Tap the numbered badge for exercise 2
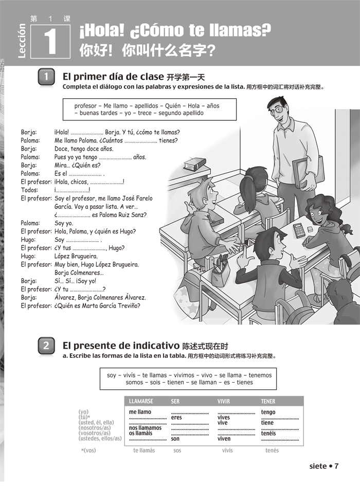point(46,346)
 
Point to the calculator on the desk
point(299,230)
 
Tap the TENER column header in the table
point(268,401)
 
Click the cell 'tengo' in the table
point(268,412)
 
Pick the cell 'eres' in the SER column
point(176,418)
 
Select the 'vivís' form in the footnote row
point(227,451)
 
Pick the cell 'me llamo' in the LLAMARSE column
point(140,412)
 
